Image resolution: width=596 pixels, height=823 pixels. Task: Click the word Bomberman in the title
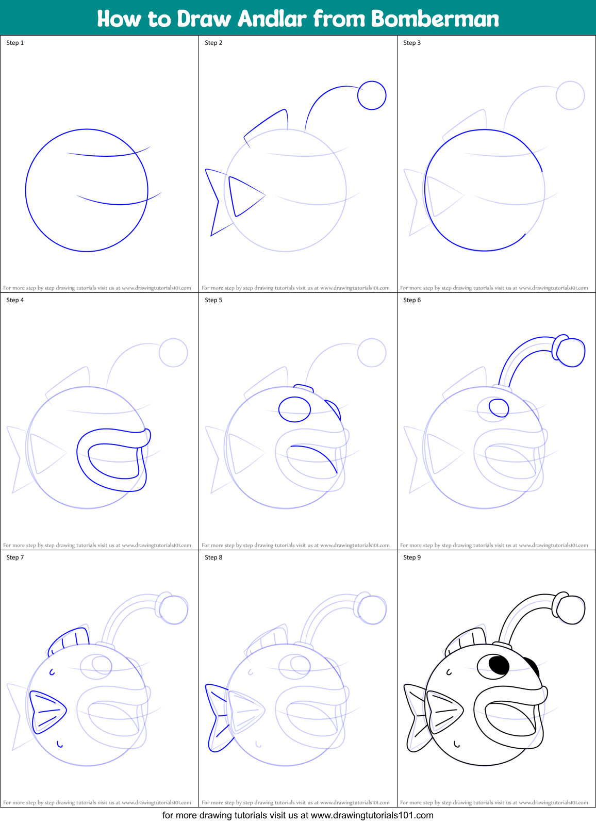click(x=435, y=19)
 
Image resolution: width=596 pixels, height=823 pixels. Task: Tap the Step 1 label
click(x=15, y=43)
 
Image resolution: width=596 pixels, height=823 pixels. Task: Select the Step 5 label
click(x=213, y=300)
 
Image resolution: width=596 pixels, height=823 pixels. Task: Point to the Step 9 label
click(x=412, y=557)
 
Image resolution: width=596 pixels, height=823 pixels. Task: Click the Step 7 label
click(x=15, y=557)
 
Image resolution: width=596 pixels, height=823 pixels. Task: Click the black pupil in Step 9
click(x=499, y=665)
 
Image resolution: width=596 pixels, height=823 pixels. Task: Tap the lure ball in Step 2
click(x=372, y=95)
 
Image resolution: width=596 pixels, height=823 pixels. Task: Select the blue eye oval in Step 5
click(x=294, y=409)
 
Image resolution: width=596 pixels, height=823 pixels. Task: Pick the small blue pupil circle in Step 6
click(x=499, y=408)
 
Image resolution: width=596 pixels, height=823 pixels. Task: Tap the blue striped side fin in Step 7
click(x=48, y=712)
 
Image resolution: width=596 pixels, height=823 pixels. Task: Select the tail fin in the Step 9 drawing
click(x=417, y=717)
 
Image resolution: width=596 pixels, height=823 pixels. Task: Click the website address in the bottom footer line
click(x=372, y=815)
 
